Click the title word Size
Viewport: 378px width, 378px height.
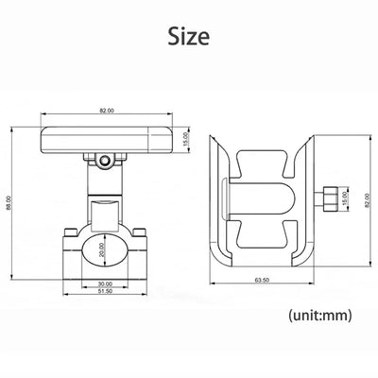pos(189,36)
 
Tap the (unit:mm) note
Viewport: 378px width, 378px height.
pos(319,315)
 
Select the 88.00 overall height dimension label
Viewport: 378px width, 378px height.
pos(9,202)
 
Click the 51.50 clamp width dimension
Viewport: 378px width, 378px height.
pos(105,291)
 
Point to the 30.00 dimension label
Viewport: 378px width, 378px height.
pos(105,283)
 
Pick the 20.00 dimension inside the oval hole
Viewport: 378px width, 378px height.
pos(101,249)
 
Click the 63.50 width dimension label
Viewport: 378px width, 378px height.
pos(262,280)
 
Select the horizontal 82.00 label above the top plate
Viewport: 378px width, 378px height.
pos(107,111)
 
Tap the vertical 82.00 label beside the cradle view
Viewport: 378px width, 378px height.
pos(367,200)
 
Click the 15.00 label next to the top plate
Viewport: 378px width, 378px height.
pos(185,139)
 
